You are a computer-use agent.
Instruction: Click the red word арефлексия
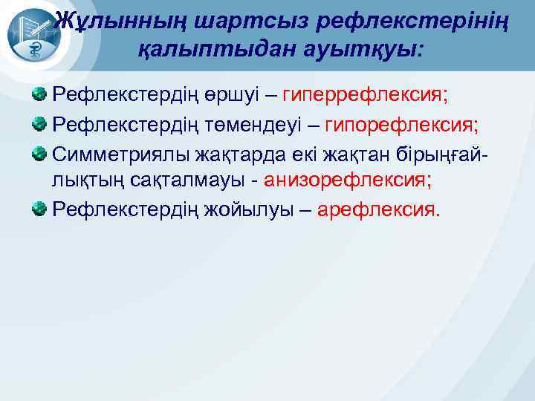click(378, 209)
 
